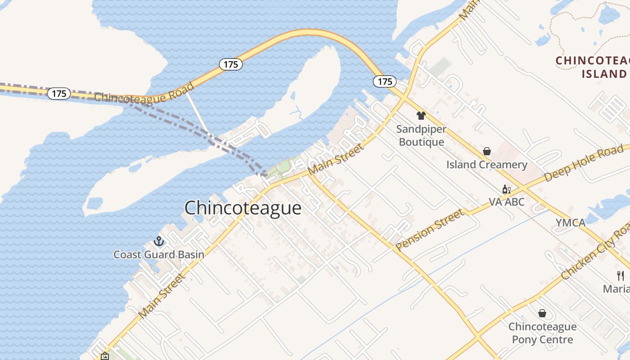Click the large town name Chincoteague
click(x=243, y=208)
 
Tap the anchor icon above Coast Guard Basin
click(x=158, y=242)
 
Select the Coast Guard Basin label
click(x=159, y=255)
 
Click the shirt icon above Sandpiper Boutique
click(x=421, y=116)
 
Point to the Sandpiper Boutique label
click(x=422, y=135)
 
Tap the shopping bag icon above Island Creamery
click(x=487, y=151)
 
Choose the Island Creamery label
click(x=486, y=165)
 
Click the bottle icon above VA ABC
click(x=506, y=189)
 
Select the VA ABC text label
click(x=507, y=202)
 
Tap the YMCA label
click(x=570, y=223)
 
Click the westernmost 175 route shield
click(x=59, y=94)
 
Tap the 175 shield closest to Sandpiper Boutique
click(x=385, y=81)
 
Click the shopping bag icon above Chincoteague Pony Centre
click(x=542, y=313)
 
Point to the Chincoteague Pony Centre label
click(x=542, y=333)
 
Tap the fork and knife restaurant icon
click(x=621, y=275)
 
